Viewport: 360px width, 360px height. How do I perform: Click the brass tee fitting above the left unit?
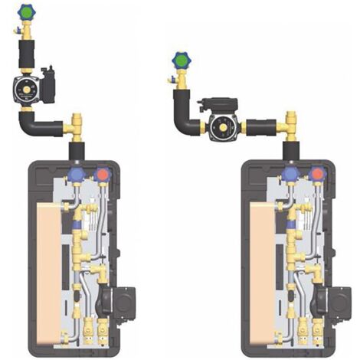(x=77, y=123)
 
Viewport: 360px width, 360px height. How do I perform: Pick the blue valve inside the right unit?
(x=290, y=174)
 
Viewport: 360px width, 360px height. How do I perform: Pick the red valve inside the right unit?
(x=319, y=174)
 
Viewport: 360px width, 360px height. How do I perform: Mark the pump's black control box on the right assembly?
(x=214, y=102)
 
